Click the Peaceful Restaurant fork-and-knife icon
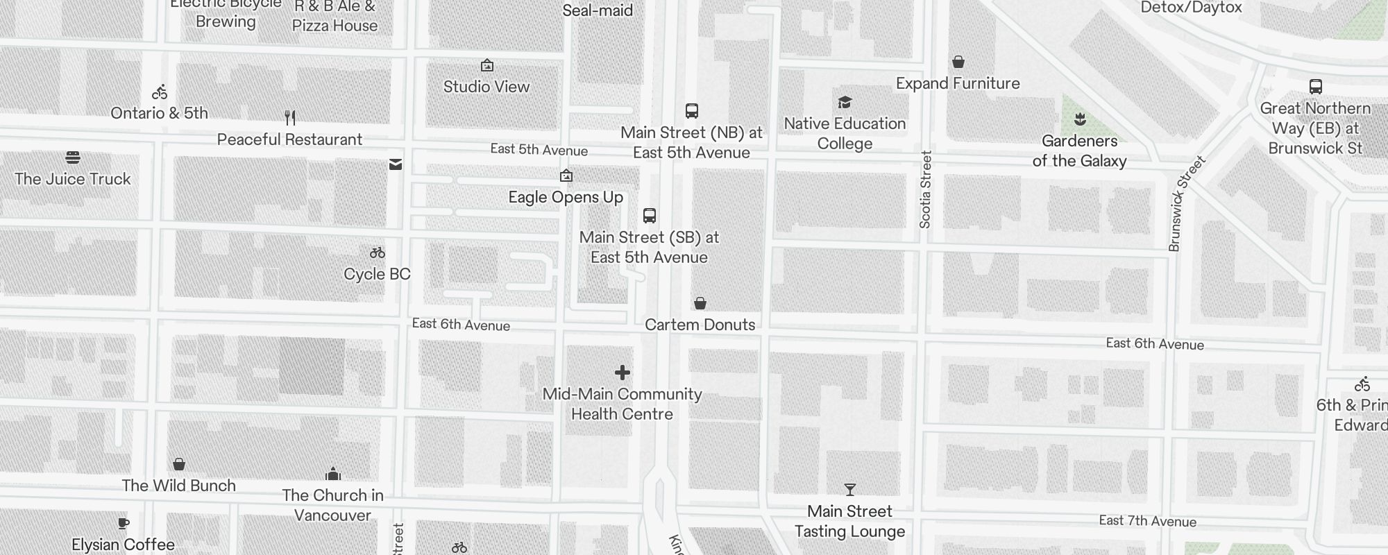[x=290, y=118]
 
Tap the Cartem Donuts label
[x=700, y=325]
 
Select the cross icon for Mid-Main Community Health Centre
[x=623, y=373]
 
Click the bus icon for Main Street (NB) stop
[x=692, y=111]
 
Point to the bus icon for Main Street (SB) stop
[x=650, y=216]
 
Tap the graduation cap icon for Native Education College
[x=845, y=103]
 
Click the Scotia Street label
[x=925, y=189]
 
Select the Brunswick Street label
[x=1187, y=203]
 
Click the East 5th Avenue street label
[x=539, y=150]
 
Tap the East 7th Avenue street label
[x=1147, y=521]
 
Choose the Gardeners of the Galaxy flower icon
[x=1080, y=119]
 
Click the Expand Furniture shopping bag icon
[x=958, y=62]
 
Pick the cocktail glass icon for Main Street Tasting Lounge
[x=850, y=490]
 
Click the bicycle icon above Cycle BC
[x=378, y=253]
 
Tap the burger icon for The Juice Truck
[x=73, y=157]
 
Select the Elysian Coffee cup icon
[x=124, y=523]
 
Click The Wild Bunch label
[x=178, y=486]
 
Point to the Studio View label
[x=486, y=87]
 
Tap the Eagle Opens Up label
[x=566, y=197]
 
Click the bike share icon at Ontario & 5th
[x=160, y=92]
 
